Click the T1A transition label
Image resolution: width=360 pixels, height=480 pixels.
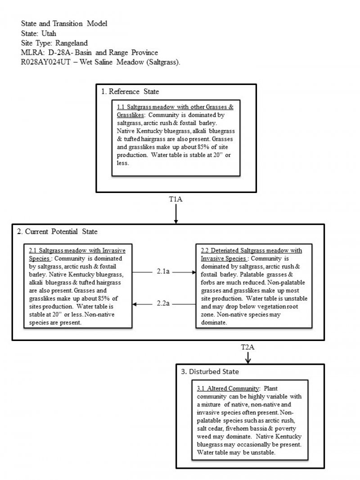coord(175,200)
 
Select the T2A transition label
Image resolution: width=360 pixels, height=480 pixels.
coord(247,347)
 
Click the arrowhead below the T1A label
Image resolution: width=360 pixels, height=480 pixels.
coord(175,221)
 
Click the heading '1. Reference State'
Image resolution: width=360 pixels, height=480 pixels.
coord(130,92)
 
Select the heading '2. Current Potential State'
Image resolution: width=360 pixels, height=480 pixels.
coord(57,232)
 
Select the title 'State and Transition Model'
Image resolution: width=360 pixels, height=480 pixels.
coord(64,23)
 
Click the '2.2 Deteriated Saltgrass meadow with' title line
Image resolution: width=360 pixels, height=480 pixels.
coord(251,251)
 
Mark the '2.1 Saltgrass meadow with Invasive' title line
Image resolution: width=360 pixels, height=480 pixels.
coord(77,250)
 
